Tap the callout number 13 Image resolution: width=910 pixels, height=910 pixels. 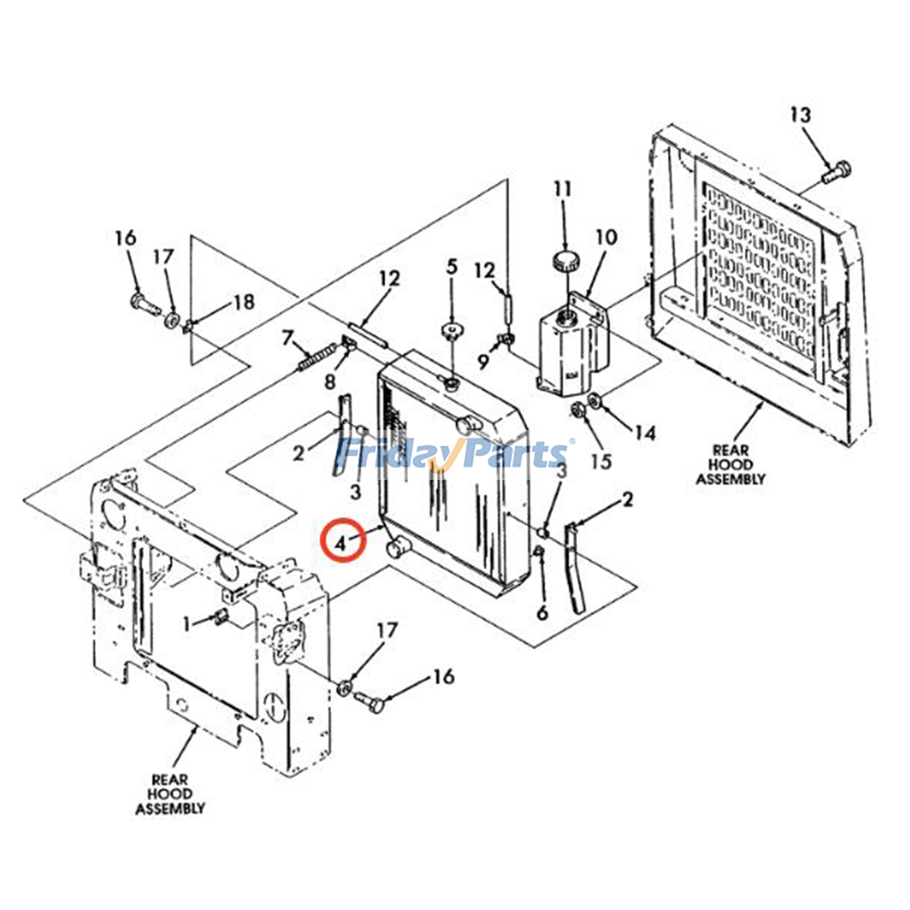pyautogui.click(x=800, y=115)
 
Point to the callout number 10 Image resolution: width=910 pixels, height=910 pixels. pyautogui.click(x=606, y=237)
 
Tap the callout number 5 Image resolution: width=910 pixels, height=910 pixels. pyautogui.click(x=452, y=266)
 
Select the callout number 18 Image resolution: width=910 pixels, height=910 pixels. pyautogui.click(x=244, y=302)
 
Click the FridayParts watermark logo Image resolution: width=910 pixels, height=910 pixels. pyautogui.click(x=452, y=453)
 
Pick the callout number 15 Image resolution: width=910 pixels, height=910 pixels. pyautogui.click(x=601, y=461)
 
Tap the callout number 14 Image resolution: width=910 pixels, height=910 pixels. pyautogui.click(x=645, y=433)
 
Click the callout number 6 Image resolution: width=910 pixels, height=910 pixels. pyautogui.click(x=542, y=612)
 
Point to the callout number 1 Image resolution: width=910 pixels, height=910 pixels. pyautogui.click(x=186, y=624)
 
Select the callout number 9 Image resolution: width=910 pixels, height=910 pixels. pyautogui.click(x=483, y=361)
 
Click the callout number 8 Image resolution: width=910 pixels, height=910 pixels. pyautogui.click(x=330, y=381)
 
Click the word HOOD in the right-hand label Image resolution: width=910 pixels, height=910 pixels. pyautogui.click(x=730, y=465)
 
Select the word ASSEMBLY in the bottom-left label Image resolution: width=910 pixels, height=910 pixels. pyautogui.click(x=169, y=808)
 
